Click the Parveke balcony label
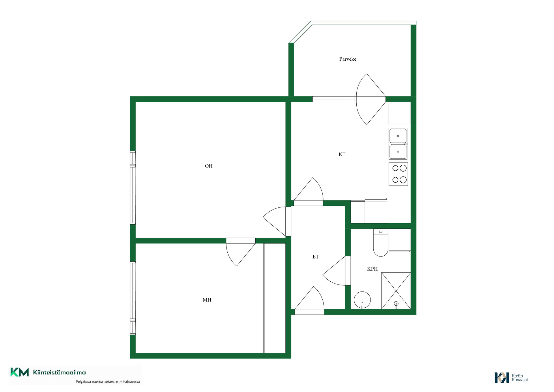point(348,59)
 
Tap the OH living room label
point(209,166)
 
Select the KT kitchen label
point(342,155)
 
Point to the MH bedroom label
point(207,300)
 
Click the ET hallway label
point(316,257)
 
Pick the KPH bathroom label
point(372,269)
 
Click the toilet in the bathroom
point(381,243)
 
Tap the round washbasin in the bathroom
point(362,300)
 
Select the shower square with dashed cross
point(396,291)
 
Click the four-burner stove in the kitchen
point(398,174)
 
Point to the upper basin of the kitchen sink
point(398,136)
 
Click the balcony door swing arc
point(357,99)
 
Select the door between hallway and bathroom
point(336,271)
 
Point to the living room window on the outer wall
point(133,188)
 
